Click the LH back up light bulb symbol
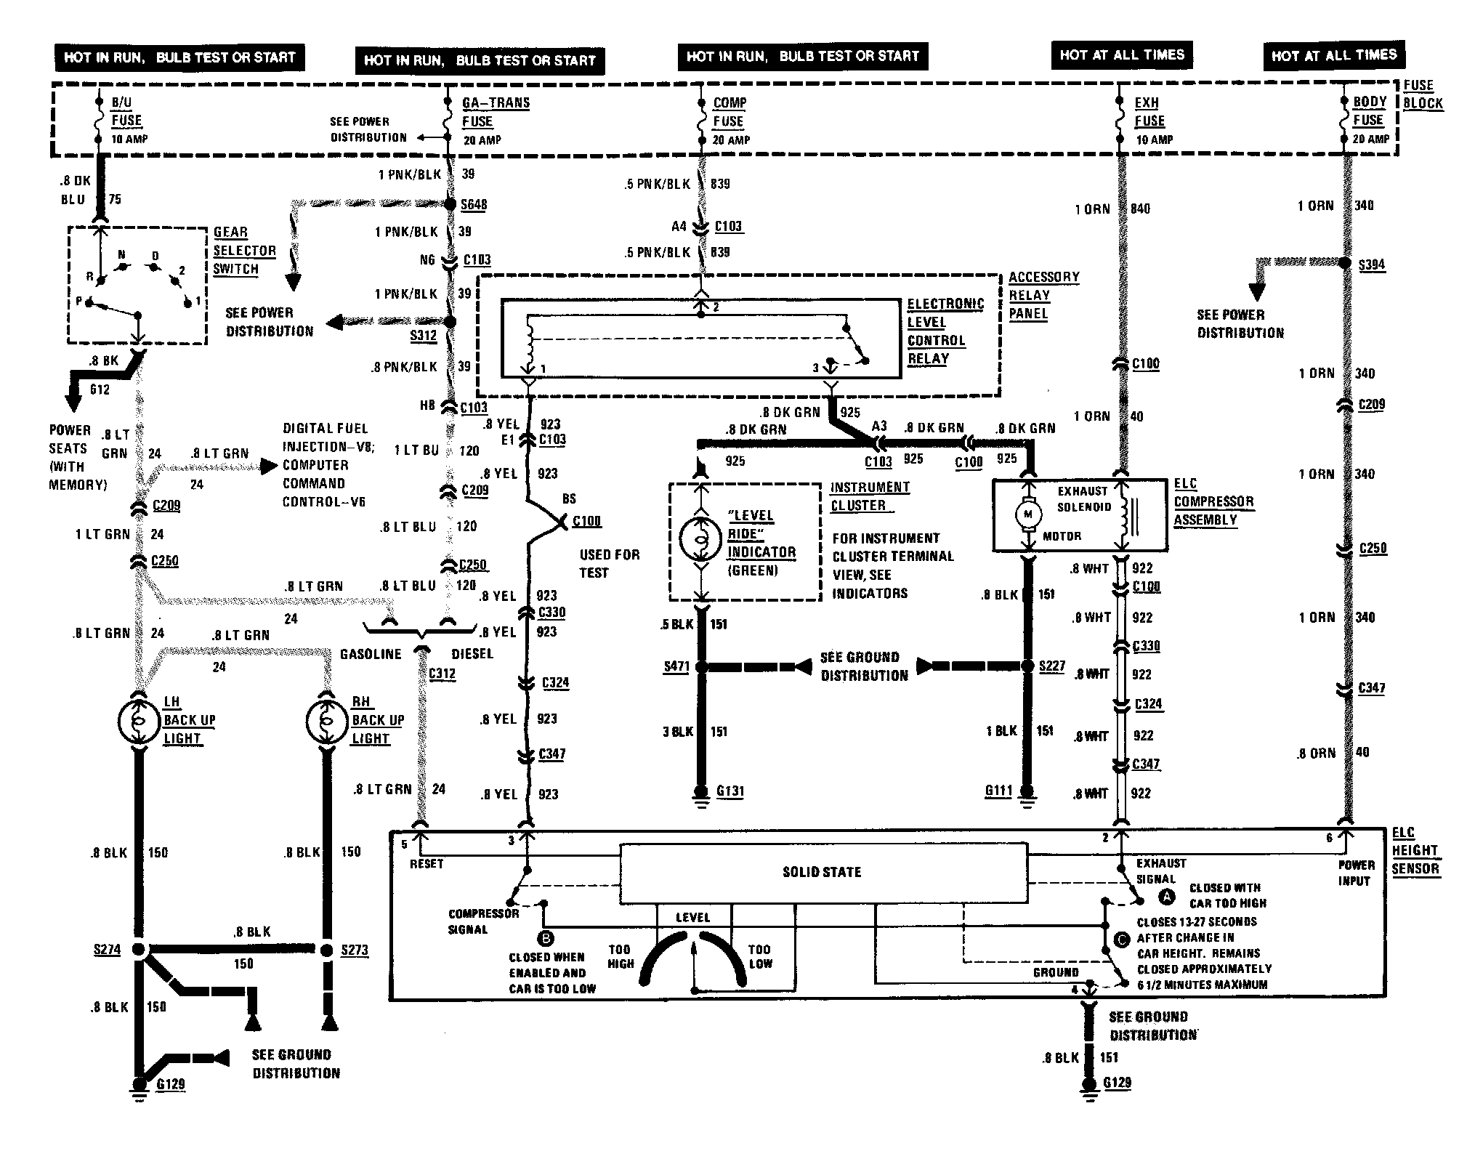click(137, 721)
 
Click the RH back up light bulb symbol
click(326, 721)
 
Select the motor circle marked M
click(1027, 514)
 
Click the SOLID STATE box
click(823, 872)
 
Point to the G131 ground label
click(730, 791)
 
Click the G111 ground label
click(998, 791)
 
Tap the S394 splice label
click(1372, 264)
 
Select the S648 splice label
click(474, 205)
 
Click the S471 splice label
click(676, 666)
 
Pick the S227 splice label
click(1052, 666)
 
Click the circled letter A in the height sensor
click(1167, 897)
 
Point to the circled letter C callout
click(1121, 939)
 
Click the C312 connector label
click(442, 674)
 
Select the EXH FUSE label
click(1149, 112)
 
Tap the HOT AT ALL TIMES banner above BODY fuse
click(1334, 55)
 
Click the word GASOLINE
click(371, 654)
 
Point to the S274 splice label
click(107, 950)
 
